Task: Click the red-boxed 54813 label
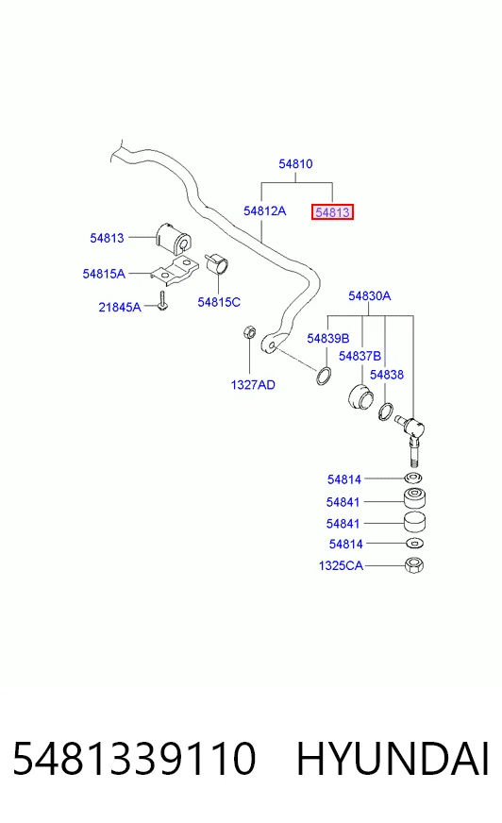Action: point(332,212)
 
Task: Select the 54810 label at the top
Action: point(295,164)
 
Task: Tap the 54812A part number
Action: point(265,211)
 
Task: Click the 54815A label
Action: point(104,274)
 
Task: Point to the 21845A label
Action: point(120,307)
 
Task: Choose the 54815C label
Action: point(219,302)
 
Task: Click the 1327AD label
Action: point(253,385)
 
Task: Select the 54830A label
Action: point(369,296)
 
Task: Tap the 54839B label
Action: point(327,339)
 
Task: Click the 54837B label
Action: point(360,356)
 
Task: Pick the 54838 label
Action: point(387,375)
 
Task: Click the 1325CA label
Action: point(341,566)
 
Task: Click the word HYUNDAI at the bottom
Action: point(393,759)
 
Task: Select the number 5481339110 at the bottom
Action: point(134,759)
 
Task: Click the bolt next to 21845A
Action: point(162,301)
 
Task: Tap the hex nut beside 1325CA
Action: point(414,565)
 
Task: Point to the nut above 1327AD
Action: point(249,332)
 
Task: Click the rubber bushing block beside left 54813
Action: point(175,240)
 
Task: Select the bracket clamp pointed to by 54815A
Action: point(175,270)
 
